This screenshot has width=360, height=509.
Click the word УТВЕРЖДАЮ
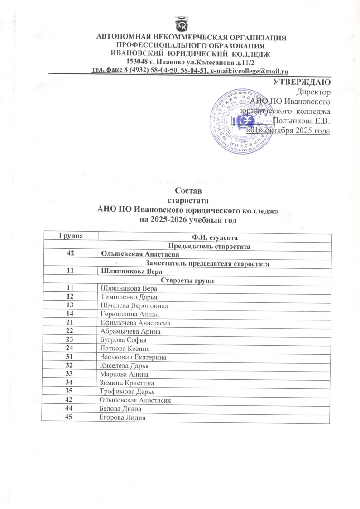[303, 82]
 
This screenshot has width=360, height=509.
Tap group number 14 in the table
[70, 314]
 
